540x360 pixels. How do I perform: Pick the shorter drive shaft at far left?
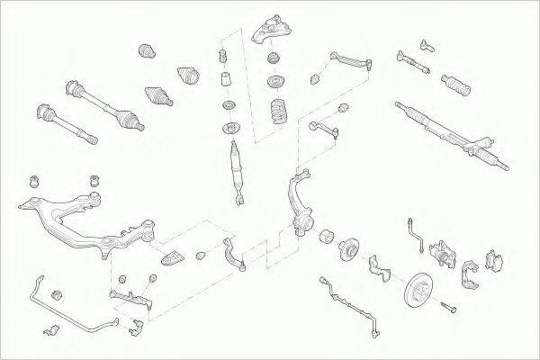(x=64, y=126)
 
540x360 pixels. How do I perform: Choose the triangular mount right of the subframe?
(x=170, y=256)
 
